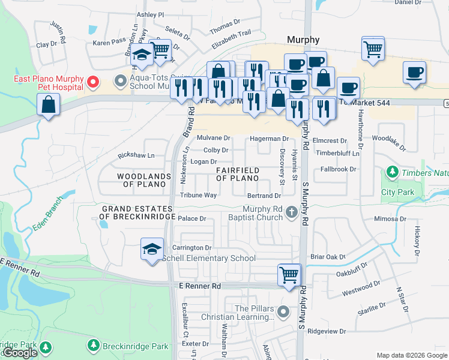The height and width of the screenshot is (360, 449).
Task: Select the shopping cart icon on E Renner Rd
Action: coord(289,275)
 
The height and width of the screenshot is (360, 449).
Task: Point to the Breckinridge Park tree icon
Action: coord(93,346)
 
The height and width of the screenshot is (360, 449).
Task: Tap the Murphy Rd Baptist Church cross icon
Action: coord(292,212)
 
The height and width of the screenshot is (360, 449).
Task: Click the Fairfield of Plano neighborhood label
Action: coord(237,175)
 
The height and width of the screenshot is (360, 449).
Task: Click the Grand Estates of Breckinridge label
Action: coord(137,212)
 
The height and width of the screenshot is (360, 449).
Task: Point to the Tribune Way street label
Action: coord(198,196)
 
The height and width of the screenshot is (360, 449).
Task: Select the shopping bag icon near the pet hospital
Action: coord(48,105)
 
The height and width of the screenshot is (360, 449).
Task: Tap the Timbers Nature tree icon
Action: coord(393,173)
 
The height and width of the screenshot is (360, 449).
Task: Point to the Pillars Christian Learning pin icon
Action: coord(284,312)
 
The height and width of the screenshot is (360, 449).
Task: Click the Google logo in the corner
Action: coord(21,353)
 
